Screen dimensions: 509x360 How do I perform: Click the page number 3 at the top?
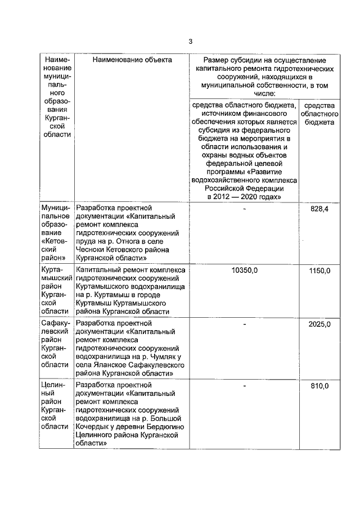click(x=190, y=41)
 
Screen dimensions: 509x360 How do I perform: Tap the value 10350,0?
click(x=244, y=271)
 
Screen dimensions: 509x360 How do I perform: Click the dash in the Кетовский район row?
click(x=244, y=209)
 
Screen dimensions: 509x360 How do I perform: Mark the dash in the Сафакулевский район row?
click(x=244, y=325)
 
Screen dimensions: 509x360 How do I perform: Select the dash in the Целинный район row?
click(x=244, y=386)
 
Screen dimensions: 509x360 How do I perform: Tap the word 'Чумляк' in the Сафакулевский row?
click(x=161, y=355)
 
